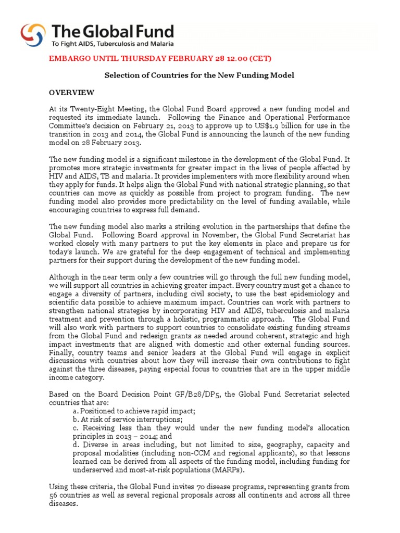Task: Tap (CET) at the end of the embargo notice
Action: coord(258,58)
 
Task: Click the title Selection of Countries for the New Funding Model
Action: coord(199,75)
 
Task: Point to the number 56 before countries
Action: coord(54,495)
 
